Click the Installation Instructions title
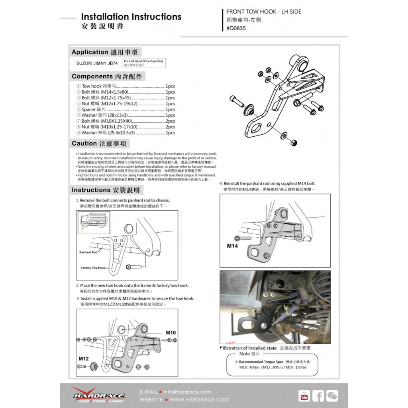point(131,17)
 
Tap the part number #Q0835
point(236,28)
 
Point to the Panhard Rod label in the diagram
point(88,252)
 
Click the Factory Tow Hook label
point(93,268)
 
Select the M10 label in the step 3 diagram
point(171,333)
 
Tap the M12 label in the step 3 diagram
point(83,359)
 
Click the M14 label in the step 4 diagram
point(232,246)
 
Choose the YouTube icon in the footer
point(304,396)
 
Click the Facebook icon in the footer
point(318,396)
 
